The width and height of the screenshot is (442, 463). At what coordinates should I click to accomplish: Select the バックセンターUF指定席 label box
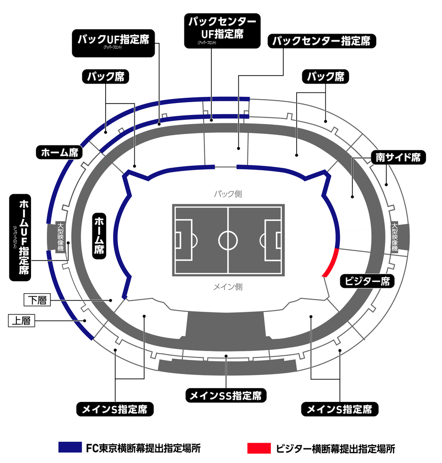(x=222, y=30)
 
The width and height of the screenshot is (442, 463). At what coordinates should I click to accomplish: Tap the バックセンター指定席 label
(x=322, y=41)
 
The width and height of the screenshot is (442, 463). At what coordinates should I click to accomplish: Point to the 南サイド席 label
(x=398, y=157)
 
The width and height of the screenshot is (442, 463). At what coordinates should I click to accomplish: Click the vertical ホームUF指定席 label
(x=24, y=237)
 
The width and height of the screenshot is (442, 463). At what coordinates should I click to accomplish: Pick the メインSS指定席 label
(x=226, y=395)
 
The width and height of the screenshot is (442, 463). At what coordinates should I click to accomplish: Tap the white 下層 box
(x=37, y=301)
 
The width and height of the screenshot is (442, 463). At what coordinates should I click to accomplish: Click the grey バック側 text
(x=228, y=194)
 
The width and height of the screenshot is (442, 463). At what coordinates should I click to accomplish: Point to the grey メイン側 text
(x=228, y=287)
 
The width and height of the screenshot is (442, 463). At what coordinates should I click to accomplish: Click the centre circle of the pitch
(x=228, y=240)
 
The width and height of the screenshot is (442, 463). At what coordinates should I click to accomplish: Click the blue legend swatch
(x=70, y=448)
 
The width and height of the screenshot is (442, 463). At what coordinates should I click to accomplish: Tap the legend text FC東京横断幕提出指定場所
(x=143, y=448)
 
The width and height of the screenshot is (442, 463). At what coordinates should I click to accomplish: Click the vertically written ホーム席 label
(x=99, y=236)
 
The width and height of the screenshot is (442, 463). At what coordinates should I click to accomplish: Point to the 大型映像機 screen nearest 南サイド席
(x=395, y=237)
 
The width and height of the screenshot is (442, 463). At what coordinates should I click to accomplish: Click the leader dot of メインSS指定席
(x=226, y=355)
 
